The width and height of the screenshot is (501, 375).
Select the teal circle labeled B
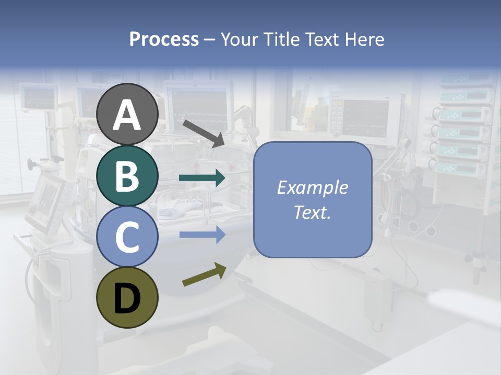coord(127,176)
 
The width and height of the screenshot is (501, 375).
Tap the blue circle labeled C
coord(127,237)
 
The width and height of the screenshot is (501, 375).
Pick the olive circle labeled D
coord(127,297)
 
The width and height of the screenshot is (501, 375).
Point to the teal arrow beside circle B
coord(202,178)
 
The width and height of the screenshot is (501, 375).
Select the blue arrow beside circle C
coord(202,235)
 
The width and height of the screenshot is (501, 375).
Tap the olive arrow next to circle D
coord(204,275)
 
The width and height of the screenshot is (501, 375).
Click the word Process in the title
coord(164,40)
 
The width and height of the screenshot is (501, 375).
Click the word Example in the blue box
coord(312,187)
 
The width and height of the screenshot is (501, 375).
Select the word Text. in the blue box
coord(312,212)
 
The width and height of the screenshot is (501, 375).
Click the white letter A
coord(127,115)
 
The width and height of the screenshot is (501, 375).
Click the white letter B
coord(127,176)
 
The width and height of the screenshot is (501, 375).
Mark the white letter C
coord(127,238)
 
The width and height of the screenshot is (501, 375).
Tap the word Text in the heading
coord(322,40)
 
